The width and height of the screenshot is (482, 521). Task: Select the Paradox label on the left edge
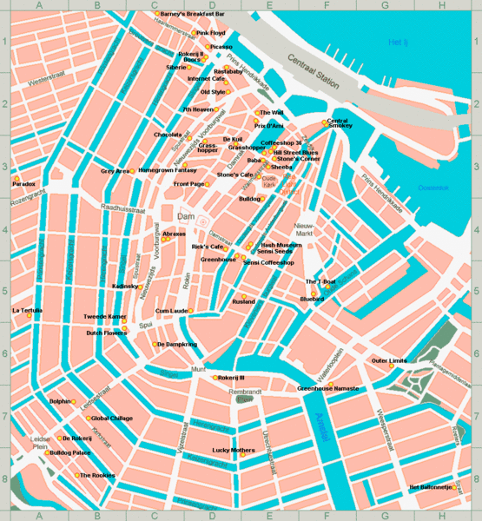click(x=23, y=184)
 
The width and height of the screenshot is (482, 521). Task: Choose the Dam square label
click(x=185, y=215)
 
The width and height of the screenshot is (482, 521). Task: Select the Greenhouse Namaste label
click(x=328, y=388)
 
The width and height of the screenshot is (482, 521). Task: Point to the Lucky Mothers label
click(x=234, y=450)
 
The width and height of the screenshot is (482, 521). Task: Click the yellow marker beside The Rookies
click(x=76, y=475)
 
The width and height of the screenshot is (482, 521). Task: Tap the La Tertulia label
click(x=27, y=310)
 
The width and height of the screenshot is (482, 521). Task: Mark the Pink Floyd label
click(x=210, y=33)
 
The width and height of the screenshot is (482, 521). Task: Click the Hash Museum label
click(x=281, y=245)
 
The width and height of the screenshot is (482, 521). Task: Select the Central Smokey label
click(x=338, y=123)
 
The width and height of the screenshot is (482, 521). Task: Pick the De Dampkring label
click(x=177, y=345)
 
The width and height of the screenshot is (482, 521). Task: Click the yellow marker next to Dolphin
click(x=72, y=401)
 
